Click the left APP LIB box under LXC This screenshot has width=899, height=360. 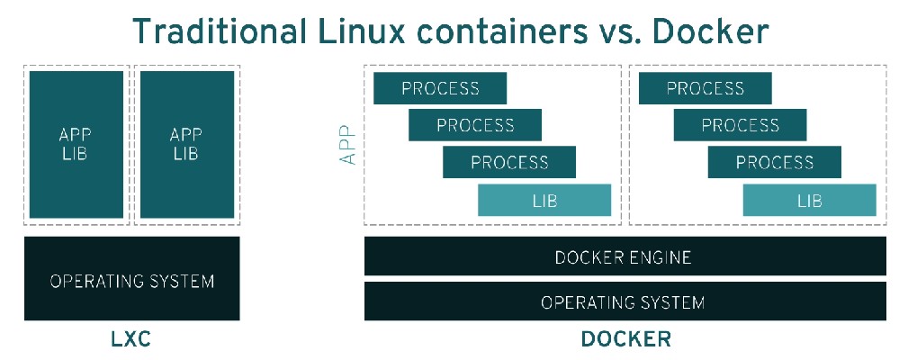pyautogui.click(x=76, y=144)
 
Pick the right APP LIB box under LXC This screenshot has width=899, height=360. pyautogui.click(x=186, y=144)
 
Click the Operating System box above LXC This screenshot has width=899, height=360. pyautogui.click(x=131, y=280)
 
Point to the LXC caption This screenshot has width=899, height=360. pyautogui.click(x=131, y=339)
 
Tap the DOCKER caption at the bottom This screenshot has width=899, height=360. pyautogui.click(x=625, y=339)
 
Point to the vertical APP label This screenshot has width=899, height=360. pyautogui.click(x=348, y=144)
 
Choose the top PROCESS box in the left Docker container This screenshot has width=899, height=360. pyautogui.click(x=440, y=88)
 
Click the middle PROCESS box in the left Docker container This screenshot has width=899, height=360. pyautogui.click(x=475, y=125)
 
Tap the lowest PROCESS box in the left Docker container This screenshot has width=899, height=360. pyautogui.click(x=509, y=162)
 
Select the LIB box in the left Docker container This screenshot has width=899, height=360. pyautogui.click(x=544, y=200)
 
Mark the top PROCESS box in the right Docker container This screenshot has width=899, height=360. pyautogui.click(x=706, y=88)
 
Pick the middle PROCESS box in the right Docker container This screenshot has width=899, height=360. pyautogui.click(x=740, y=125)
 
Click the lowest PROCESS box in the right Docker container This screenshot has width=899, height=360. pyautogui.click(x=775, y=162)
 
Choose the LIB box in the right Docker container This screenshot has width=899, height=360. pyautogui.click(x=809, y=200)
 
